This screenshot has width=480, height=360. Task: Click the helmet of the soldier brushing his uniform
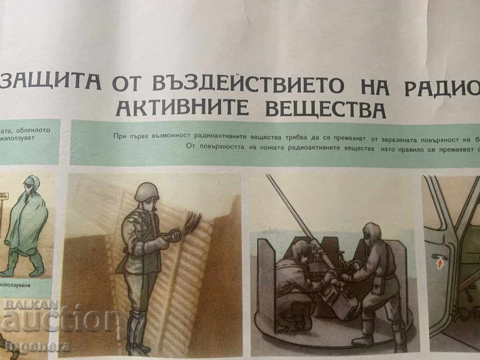tap(146, 192)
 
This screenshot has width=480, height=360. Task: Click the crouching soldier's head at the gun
tap(298, 250)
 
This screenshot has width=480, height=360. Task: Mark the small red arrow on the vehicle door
tap(440, 264)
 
